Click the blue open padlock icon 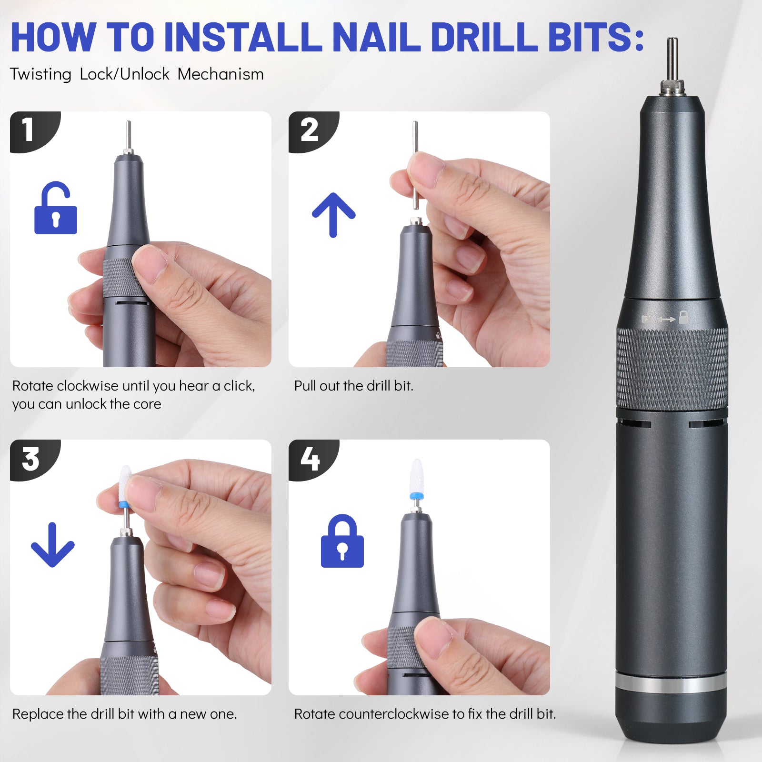[x=56, y=208]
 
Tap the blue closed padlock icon [x=342, y=541]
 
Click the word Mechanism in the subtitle [x=221, y=74]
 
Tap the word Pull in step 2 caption [x=305, y=386]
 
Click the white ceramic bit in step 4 [x=417, y=476]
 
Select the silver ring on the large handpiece [x=672, y=683]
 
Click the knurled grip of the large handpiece [x=672, y=369]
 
